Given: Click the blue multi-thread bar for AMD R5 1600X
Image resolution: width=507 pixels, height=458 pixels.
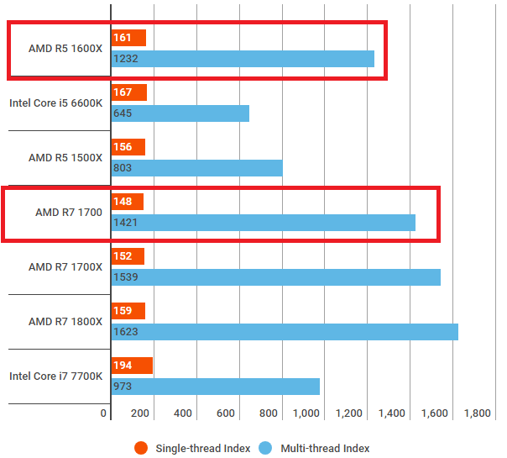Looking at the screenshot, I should [x=243, y=58].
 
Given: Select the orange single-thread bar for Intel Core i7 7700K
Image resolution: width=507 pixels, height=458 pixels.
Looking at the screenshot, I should [x=132, y=366].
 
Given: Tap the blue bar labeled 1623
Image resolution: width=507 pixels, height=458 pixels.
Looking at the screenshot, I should [x=285, y=332].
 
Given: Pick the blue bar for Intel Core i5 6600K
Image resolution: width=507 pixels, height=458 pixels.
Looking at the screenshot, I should [x=180, y=113].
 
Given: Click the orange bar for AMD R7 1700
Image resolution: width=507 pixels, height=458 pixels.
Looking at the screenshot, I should [x=128, y=202].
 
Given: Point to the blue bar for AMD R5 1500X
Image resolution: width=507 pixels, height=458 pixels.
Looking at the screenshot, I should [x=196, y=168].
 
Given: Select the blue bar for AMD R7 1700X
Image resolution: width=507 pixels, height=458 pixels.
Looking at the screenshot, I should [x=275, y=277].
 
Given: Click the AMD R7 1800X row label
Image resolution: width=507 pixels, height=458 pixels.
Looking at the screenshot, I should [x=65, y=322].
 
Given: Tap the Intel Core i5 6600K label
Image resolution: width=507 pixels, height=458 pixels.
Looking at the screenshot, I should [x=55, y=103].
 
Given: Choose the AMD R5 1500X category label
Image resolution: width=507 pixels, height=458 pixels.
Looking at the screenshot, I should [x=65, y=157].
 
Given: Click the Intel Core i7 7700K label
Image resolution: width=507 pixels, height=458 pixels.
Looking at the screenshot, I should [x=55, y=376].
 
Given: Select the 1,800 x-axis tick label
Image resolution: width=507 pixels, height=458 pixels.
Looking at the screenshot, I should [x=476, y=413].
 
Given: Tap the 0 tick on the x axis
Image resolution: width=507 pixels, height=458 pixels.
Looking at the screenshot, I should [x=104, y=413].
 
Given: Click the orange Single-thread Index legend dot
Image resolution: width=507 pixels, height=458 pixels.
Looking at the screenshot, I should [x=141, y=448].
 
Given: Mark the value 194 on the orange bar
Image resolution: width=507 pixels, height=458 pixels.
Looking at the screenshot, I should [x=123, y=366].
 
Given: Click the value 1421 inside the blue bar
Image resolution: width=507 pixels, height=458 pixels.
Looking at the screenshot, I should [x=125, y=223].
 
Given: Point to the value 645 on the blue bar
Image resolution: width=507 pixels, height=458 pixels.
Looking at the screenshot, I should [x=123, y=113].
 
